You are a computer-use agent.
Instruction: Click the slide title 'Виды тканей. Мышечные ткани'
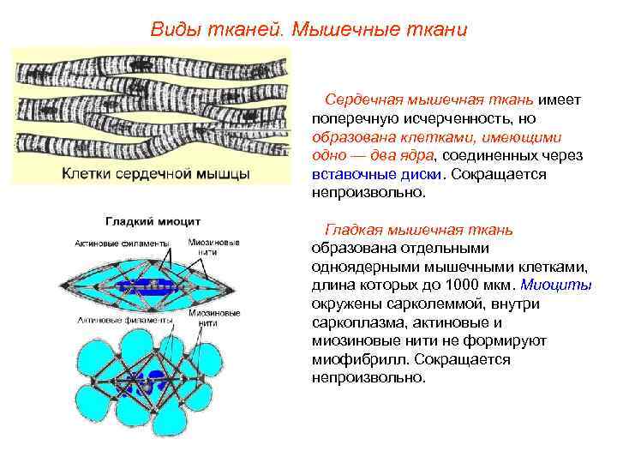pyautogui.click(x=308, y=29)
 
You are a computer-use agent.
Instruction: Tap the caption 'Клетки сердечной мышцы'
pyautogui.click(x=155, y=173)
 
